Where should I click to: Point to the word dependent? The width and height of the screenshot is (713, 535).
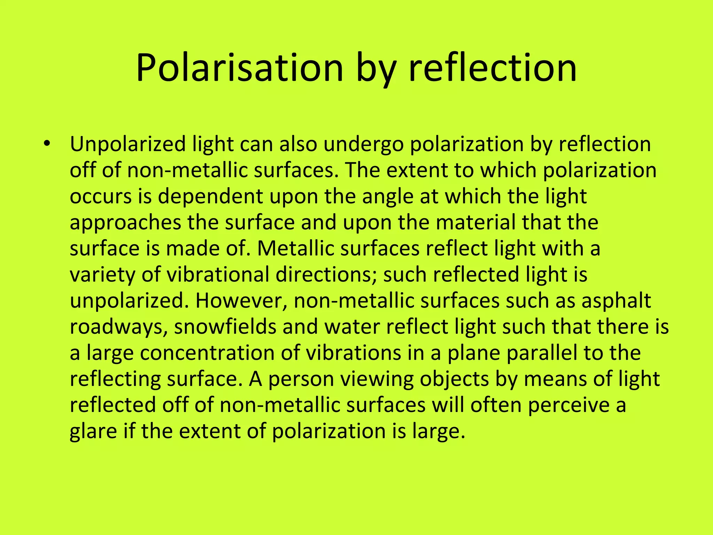click(210, 196)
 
